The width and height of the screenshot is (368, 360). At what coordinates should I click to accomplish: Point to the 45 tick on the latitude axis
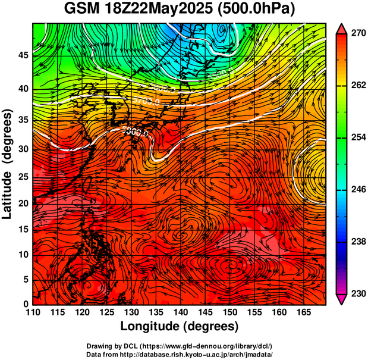(23, 55)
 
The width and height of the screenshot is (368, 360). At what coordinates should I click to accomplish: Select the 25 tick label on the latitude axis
(23, 177)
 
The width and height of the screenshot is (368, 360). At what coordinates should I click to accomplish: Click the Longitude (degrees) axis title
(180, 326)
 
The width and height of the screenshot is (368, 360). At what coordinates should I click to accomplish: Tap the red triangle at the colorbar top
(341, 29)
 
